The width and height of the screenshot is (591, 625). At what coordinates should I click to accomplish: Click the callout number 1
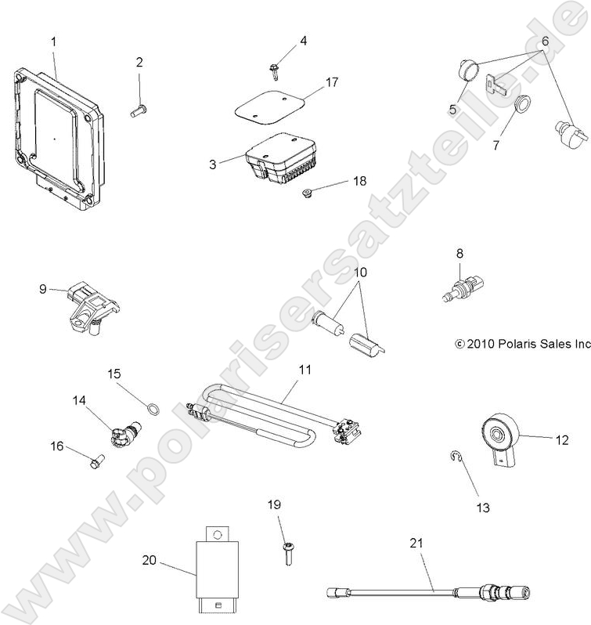pos(53,40)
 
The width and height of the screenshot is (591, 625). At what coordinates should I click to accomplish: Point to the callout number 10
pos(360,273)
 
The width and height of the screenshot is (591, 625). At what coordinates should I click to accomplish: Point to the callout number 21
pos(415,541)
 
